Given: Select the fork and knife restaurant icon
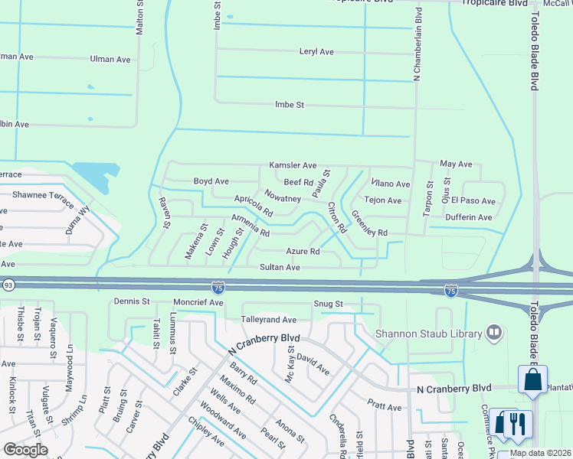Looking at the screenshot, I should (x=517, y=425).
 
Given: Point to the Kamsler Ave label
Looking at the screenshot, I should (x=293, y=165).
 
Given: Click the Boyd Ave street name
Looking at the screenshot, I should (x=211, y=181).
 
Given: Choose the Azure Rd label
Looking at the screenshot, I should (x=302, y=251).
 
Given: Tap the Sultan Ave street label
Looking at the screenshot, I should (x=279, y=268).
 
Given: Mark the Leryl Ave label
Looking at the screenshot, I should (x=316, y=52).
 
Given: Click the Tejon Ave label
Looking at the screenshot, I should (x=383, y=200).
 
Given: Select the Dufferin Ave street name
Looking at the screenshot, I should (x=469, y=217).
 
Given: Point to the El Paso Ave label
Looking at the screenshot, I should (x=473, y=200).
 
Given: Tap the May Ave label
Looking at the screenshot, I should (x=456, y=164).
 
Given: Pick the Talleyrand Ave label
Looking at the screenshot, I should (x=269, y=319).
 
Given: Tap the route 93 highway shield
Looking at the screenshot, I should (x=8, y=285).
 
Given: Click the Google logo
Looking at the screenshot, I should (x=26, y=450).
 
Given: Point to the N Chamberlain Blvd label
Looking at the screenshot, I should (x=418, y=44).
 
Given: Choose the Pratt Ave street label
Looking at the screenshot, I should (x=384, y=408).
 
